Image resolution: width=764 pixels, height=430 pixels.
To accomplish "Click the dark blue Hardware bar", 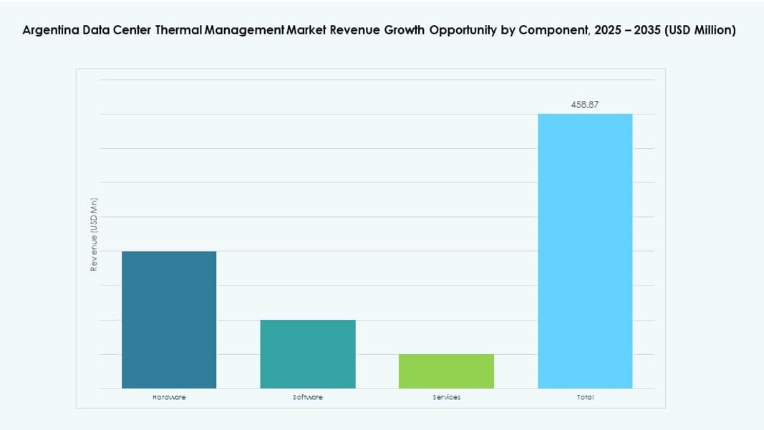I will click(x=169, y=320).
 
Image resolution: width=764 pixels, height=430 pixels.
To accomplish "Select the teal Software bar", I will click(x=308, y=354).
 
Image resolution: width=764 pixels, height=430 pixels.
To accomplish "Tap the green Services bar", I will click(x=446, y=371).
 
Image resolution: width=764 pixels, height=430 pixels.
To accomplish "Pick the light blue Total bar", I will click(x=585, y=251).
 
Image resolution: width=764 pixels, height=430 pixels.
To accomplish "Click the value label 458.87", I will click(x=585, y=104).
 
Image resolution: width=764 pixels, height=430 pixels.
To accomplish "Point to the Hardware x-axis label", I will click(x=169, y=397).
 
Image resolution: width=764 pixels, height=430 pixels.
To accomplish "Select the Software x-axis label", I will click(x=308, y=397).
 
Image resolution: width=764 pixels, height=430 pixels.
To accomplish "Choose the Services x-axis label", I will click(x=446, y=397).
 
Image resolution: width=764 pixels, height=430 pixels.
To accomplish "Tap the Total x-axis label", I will click(x=585, y=397).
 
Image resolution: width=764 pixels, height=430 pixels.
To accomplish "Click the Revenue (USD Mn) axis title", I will click(x=94, y=234).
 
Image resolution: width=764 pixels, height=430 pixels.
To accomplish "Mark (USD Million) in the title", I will click(x=700, y=31).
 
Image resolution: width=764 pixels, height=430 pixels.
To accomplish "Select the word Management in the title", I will click(x=246, y=31).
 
